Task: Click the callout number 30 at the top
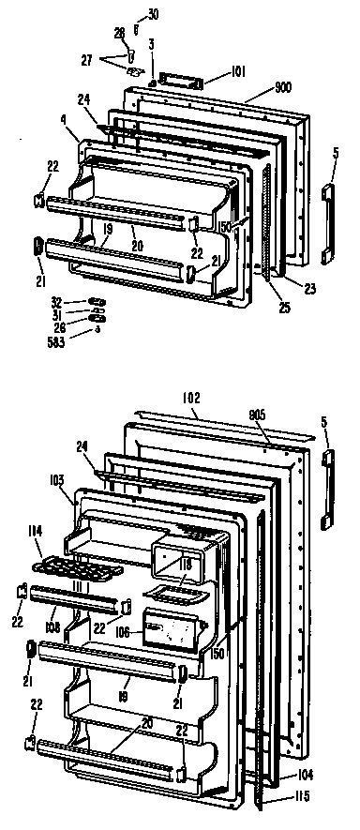(x=154, y=14)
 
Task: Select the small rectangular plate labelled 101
(x=179, y=82)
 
